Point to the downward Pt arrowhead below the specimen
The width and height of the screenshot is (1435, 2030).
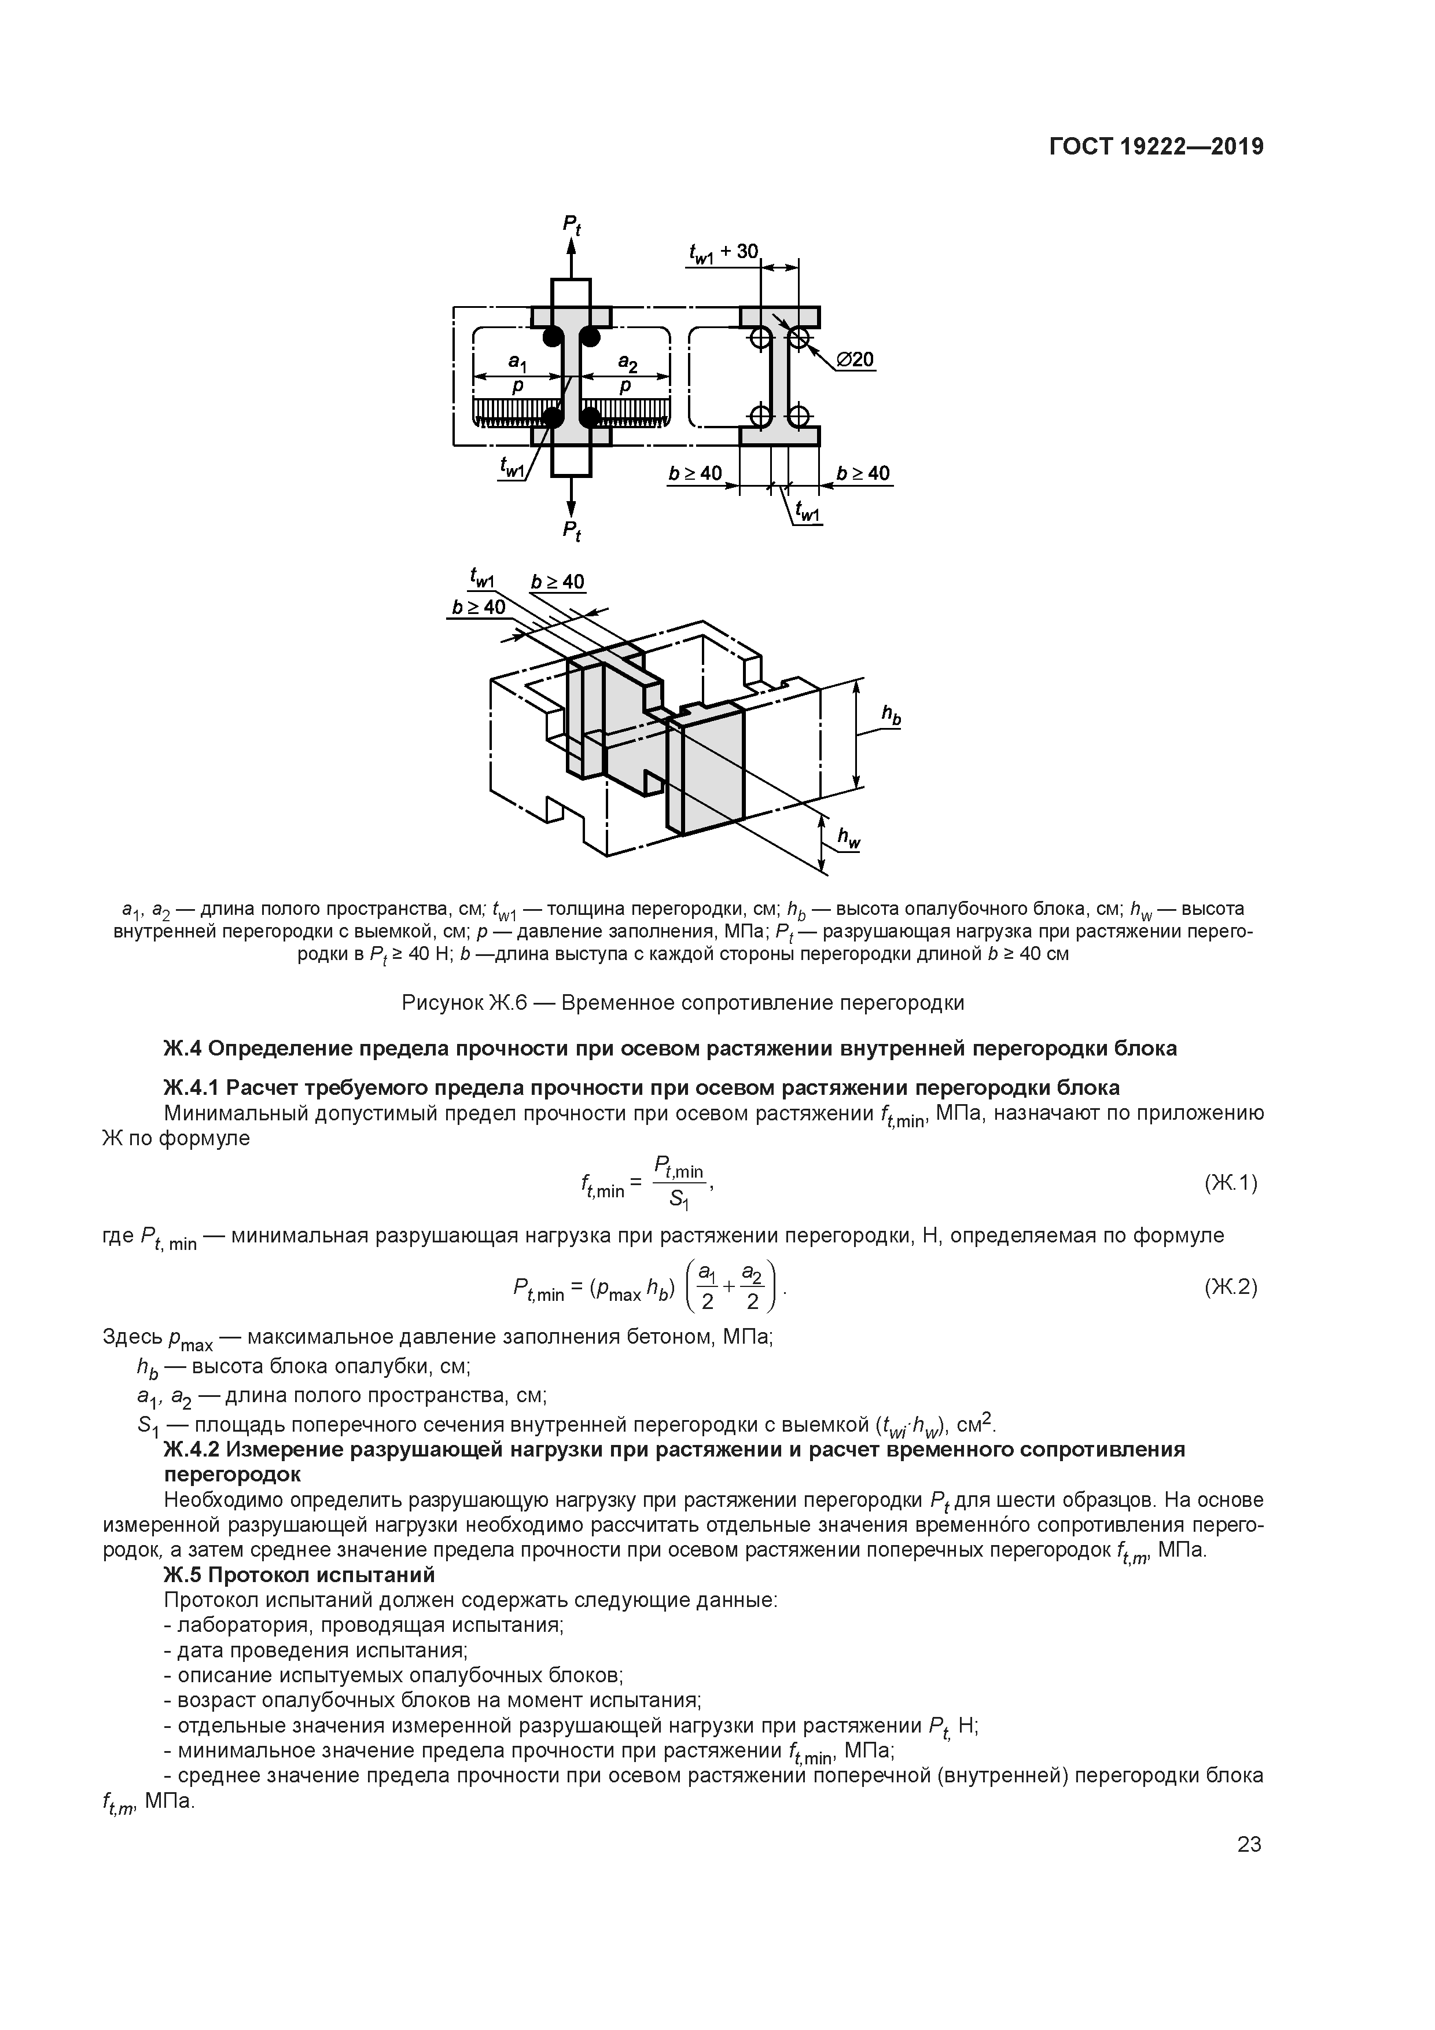tap(571, 510)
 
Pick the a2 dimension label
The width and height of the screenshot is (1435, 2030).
tap(627, 361)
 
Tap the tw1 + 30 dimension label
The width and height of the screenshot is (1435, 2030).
tap(723, 252)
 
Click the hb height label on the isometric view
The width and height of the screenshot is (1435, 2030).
tap(891, 716)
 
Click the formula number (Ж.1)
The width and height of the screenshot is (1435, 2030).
tap(1230, 1183)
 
